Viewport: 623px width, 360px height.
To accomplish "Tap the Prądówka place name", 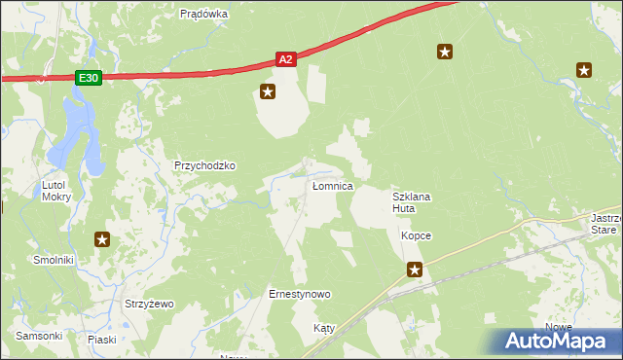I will [x=203, y=15].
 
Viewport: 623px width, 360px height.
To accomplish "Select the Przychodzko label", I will [x=204, y=165].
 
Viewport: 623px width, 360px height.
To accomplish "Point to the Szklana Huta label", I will [x=412, y=201].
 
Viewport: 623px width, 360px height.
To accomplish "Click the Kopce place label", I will [x=416, y=236].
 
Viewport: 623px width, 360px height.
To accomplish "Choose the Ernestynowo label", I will [x=300, y=294].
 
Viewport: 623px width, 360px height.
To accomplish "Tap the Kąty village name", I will [x=324, y=328].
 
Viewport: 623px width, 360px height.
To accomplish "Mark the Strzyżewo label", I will [x=149, y=305].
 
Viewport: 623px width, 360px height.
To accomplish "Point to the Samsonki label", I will [x=39, y=336].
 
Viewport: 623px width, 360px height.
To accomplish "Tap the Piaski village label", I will [x=102, y=340].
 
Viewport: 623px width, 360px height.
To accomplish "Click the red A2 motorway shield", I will [x=285, y=59].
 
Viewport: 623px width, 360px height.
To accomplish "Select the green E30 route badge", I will [x=89, y=78].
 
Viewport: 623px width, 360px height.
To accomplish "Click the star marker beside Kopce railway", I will [x=415, y=270].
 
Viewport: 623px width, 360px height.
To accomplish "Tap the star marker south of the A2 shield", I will [x=268, y=92].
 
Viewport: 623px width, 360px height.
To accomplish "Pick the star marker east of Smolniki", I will [x=102, y=238].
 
